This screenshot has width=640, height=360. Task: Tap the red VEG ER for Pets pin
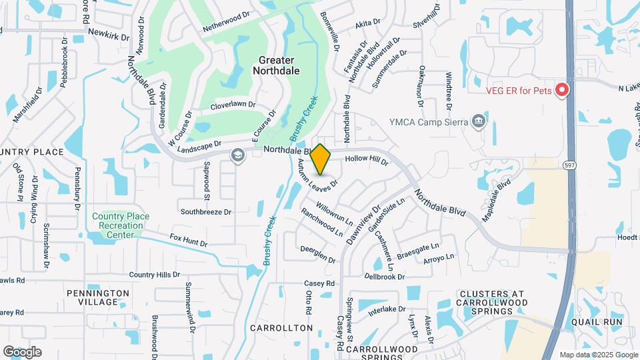tap(562, 89)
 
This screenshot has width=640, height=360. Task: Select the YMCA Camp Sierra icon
tap(477, 121)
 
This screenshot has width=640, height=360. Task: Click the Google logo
tap(22, 351)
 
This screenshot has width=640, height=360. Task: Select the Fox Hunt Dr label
tap(185, 237)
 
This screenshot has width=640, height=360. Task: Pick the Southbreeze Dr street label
tap(206, 212)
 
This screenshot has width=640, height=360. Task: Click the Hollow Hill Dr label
tap(366, 160)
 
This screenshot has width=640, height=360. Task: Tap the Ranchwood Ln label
tap(321, 221)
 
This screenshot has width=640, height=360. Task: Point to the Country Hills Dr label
tap(155, 275)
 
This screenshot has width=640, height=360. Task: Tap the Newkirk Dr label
tap(107, 32)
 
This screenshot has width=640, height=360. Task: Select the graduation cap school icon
tap(237, 155)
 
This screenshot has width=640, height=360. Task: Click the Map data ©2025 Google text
tap(598, 355)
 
